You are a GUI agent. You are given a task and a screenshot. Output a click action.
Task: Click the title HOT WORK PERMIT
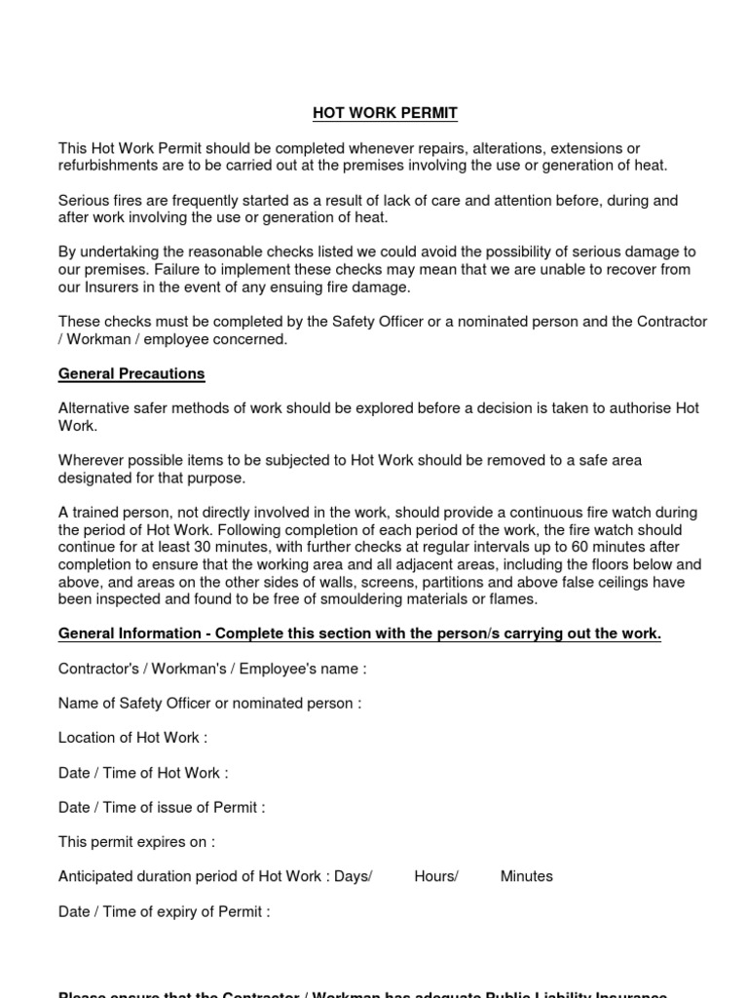tap(385, 114)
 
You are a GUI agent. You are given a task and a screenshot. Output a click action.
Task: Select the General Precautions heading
tap(131, 373)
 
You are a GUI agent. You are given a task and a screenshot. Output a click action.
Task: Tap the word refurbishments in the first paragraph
tap(104, 166)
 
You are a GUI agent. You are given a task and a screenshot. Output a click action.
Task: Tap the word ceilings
tap(617, 583)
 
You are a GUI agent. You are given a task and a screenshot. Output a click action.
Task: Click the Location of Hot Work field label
tap(132, 738)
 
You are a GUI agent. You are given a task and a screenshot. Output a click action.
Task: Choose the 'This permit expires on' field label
tap(136, 841)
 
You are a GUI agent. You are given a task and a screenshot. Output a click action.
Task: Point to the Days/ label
tap(353, 876)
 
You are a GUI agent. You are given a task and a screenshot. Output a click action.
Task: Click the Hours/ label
tap(435, 876)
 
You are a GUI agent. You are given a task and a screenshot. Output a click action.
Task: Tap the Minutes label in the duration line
tap(526, 876)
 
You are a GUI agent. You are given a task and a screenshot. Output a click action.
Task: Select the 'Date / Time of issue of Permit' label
tap(161, 807)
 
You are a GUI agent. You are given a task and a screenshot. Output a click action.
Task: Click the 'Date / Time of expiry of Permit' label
tap(164, 911)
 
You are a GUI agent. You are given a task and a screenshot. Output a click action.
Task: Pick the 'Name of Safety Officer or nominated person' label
tap(209, 704)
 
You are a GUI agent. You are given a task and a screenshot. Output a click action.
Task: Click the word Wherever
tap(91, 460)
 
